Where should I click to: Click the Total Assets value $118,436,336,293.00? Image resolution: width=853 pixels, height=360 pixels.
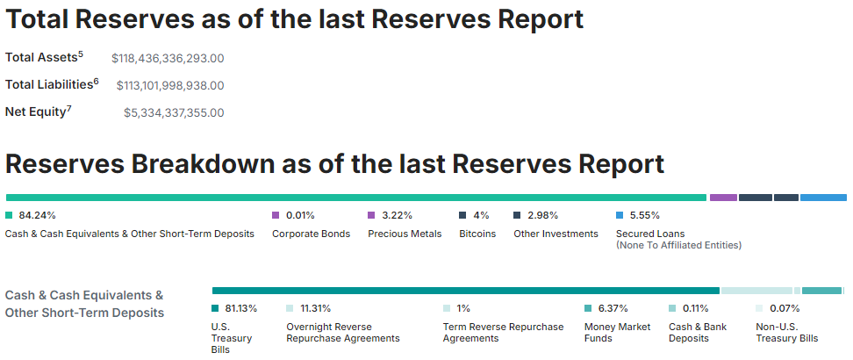[x=168, y=59]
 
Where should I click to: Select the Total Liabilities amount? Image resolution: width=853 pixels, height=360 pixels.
[x=170, y=85]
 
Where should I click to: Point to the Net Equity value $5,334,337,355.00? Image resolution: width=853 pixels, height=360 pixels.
[x=174, y=112]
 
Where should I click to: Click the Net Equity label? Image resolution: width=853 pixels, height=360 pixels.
[x=38, y=112]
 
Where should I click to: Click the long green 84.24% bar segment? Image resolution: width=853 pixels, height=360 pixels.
[x=355, y=198]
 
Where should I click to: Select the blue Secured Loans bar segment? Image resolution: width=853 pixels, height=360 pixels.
[x=822, y=198]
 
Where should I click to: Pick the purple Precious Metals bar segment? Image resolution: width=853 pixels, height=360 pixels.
[x=723, y=198]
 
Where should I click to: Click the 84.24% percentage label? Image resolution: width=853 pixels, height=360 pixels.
[x=37, y=215]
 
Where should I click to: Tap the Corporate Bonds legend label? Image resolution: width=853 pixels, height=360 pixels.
[x=311, y=234]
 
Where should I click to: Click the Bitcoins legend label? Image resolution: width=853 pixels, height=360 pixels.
[x=477, y=234]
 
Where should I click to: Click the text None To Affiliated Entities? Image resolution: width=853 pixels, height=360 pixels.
[x=678, y=245]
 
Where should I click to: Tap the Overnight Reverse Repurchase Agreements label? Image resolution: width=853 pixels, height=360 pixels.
[x=342, y=332]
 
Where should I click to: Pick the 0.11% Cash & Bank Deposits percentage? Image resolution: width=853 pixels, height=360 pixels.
[x=695, y=308]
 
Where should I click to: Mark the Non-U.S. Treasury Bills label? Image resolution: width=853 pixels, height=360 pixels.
[x=786, y=332]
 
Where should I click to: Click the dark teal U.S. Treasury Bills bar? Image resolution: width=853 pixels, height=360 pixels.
[x=465, y=291]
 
